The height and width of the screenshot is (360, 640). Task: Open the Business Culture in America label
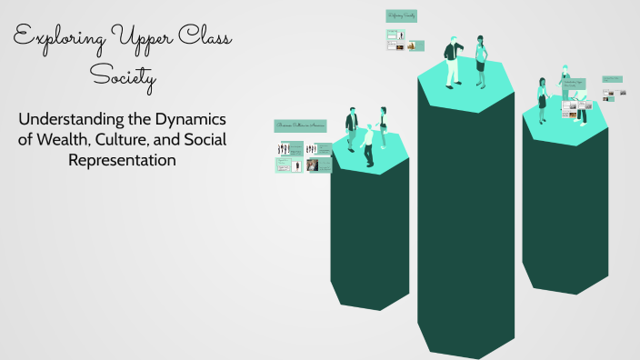coord(299,125)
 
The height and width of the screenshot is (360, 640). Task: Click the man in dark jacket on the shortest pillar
coord(351,130)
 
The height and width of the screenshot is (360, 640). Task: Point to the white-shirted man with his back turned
coord(368,146)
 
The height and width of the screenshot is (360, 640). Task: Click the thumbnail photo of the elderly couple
coord(312,165)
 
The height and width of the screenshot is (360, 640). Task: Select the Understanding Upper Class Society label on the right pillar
coord(573,84)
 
